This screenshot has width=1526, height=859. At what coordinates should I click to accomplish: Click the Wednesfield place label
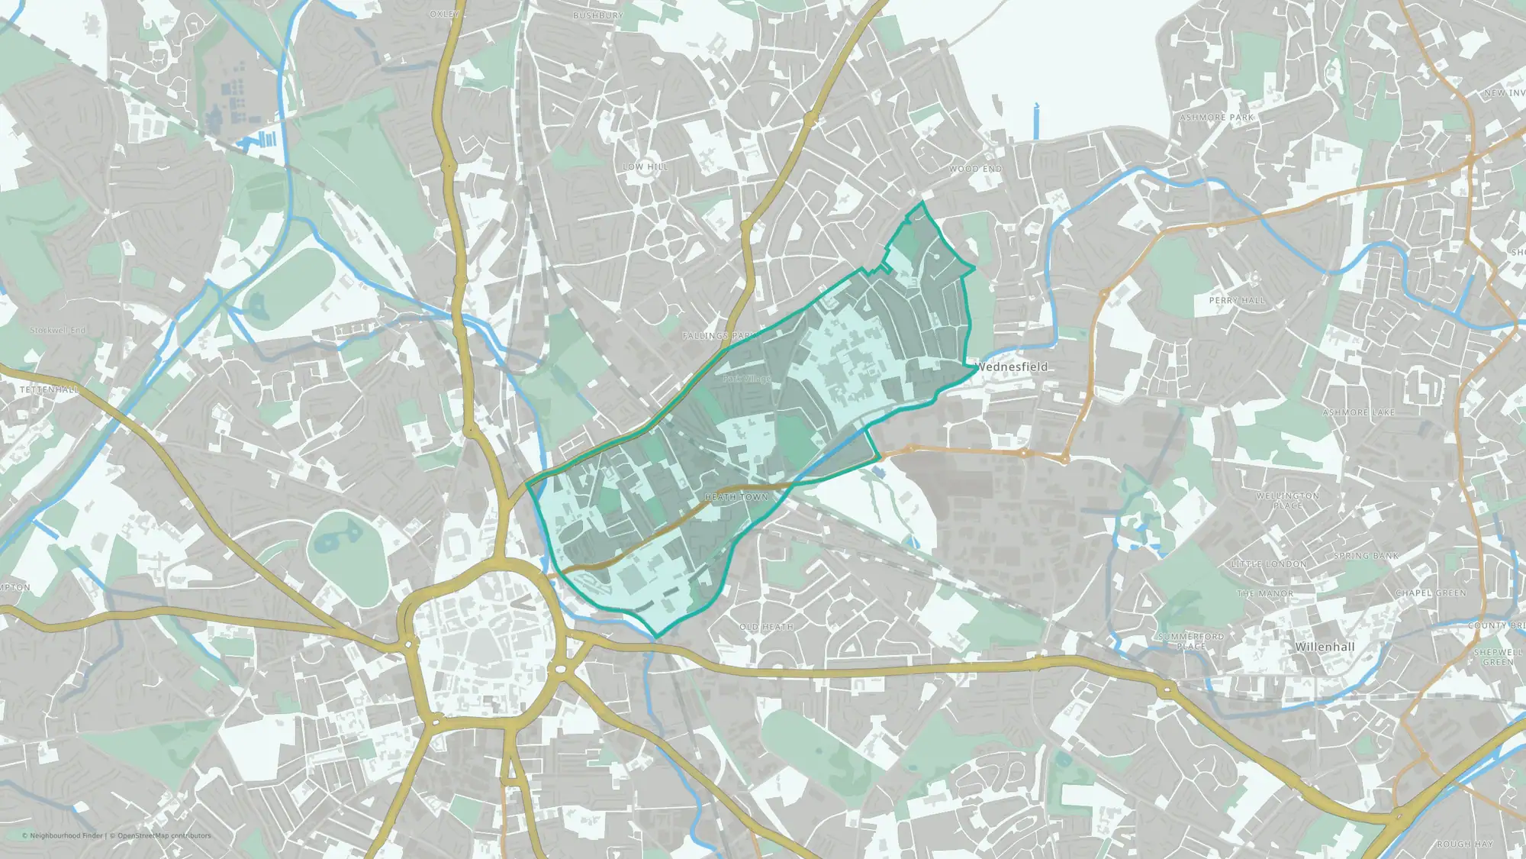click(x=1012, y=367)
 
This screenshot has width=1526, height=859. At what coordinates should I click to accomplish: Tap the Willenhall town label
click(x=1325, y=647)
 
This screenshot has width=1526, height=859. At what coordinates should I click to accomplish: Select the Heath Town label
click(x=736, y=497)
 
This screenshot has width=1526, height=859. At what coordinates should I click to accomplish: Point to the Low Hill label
click(x=645, y=166)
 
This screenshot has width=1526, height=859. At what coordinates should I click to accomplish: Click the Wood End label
click(x=976, y=169)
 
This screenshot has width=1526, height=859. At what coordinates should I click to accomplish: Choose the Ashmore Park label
click(x=1217, y=118)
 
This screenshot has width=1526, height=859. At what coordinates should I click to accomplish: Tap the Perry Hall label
click(x=1237, y=301)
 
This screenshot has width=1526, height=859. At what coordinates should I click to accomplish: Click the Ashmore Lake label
click(x=1358, y=412)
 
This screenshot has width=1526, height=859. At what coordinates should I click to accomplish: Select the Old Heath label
click(x=766, y=627)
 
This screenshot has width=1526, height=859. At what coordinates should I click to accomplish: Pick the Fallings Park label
click(x=717, y=336)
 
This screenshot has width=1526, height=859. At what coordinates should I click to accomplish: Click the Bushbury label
click(x=598, y=15)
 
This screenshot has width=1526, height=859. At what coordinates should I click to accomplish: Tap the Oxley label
click(x=444, y=15)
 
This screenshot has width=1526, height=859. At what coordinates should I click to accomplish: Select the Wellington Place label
click(x=1288, y=501)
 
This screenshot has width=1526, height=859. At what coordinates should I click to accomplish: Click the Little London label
click(x=1269, y=564)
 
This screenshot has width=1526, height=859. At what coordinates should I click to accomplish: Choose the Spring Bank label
click(x=1367, y=556)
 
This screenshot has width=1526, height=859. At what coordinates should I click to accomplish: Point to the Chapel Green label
click(x=1431, y=593)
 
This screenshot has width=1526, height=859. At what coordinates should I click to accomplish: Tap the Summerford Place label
click(x=1191, y=641)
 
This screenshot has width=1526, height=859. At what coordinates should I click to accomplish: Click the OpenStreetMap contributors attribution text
click(x=164, y=835)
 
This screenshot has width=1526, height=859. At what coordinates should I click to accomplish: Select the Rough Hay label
click(x=1464, y=844)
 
